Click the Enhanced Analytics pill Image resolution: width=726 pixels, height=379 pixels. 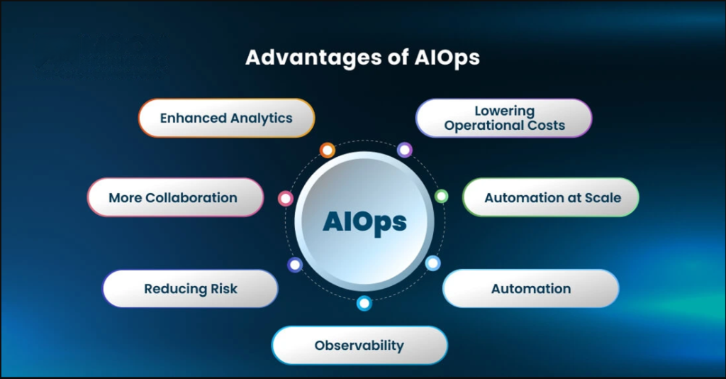pos(226,118)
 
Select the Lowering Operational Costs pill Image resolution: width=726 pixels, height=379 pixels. pos(504,118)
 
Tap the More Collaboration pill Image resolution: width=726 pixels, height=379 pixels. pos(176,197)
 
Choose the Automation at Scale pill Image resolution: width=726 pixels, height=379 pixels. pos(551,197)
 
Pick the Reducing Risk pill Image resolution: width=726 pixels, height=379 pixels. pos(190,289)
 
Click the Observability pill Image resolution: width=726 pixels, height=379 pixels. pos(359,345)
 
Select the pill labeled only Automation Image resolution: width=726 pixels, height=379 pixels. pos(531,289)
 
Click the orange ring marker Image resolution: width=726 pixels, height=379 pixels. pos(328,150)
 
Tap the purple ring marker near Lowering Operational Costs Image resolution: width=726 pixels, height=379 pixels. pos(405,150)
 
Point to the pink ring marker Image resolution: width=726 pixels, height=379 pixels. pos(286,199)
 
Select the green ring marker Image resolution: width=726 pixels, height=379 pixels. pos(441,196)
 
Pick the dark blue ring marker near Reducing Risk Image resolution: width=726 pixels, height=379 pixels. pos(295,265)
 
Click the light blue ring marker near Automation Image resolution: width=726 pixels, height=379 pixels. pos(433,263)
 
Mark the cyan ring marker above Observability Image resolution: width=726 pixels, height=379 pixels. pos(364,304)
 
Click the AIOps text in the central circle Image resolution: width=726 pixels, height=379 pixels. pos(365,222)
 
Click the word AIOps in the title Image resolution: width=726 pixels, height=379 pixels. pos(447,58)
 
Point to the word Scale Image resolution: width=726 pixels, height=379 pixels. pos(603,198)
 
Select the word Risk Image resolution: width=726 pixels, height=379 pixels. pos(224,289)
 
